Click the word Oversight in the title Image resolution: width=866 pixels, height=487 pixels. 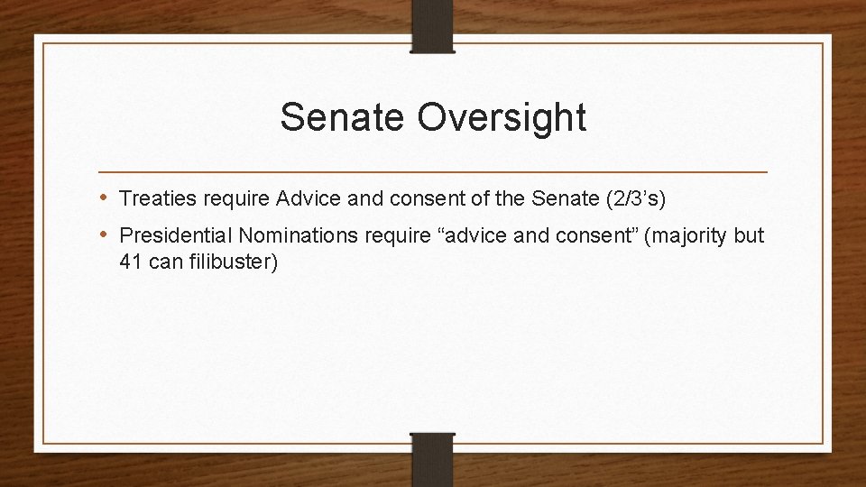tap(502, 118)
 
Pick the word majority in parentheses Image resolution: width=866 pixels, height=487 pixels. tap(696, 236)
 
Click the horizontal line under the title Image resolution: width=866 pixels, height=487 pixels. tap(433, 171)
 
